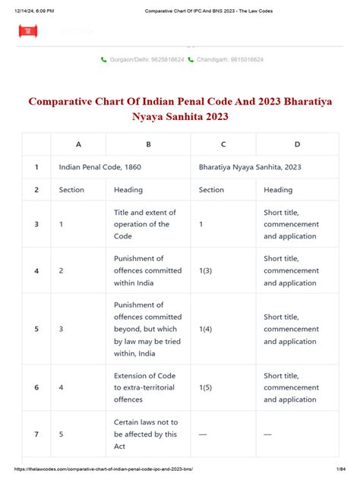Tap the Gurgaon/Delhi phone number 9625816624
[146, 59]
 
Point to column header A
[78, 144]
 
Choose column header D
[297, 144]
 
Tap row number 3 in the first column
[36, 224]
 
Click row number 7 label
[36, 434]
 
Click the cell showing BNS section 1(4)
[206, 329]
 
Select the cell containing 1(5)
[206, 387]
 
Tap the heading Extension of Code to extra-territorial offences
[147, 387]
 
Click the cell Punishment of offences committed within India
[147, 271]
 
